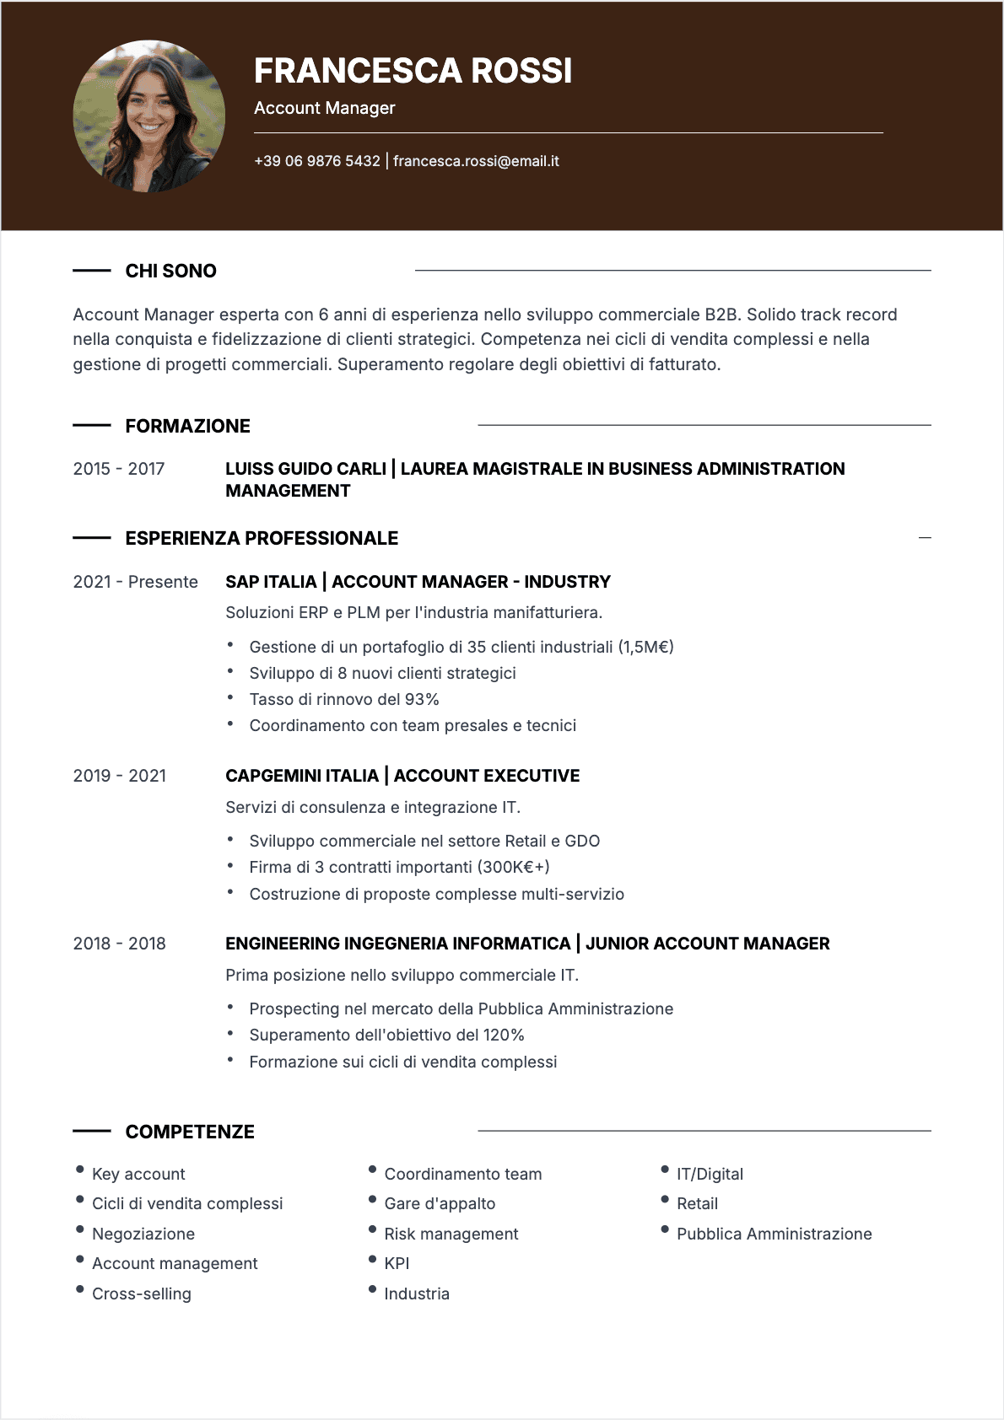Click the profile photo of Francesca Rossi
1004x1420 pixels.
[149, 116]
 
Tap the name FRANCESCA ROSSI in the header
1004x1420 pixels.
[413, 71]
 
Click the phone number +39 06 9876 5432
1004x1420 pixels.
[317, 161]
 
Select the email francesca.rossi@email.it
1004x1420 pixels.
[476, 161]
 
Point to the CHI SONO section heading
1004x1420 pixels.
[170, 271]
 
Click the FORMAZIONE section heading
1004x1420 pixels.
[187, 426]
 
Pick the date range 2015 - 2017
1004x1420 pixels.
[119, 469]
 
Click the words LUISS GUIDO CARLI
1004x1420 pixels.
[305, 469]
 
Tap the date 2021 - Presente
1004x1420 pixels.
[135, 582]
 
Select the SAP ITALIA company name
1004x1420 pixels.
[271, 582]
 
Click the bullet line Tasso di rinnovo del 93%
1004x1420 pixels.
[344, 699]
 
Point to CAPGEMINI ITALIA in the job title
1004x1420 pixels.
[302, 776]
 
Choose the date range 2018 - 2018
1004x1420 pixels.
[119, 944]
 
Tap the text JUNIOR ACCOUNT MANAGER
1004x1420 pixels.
[707, 944]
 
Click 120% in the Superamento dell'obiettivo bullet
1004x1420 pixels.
[504, 1035]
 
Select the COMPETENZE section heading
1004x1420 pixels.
[190, 1132]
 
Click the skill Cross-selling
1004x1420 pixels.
[142, 1294]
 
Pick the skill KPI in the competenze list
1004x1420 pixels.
[397, 1263]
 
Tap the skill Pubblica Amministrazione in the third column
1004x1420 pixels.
[774, 1234]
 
